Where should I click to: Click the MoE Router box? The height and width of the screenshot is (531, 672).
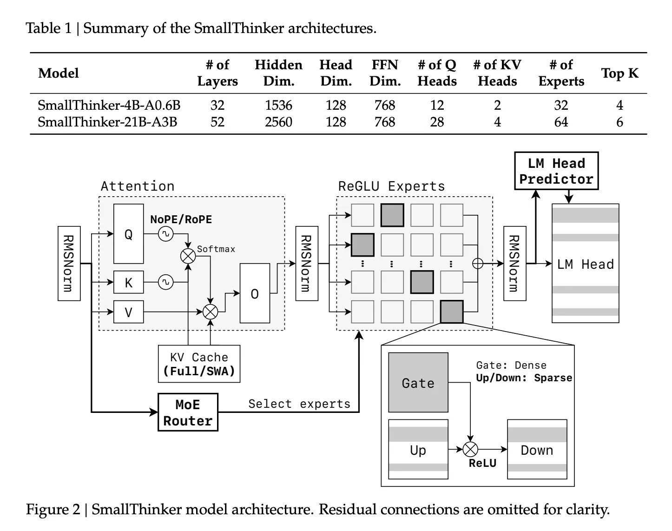point(188,412)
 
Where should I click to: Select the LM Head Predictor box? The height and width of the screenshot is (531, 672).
point(556,171)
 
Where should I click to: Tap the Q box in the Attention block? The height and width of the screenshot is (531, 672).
point(129,234)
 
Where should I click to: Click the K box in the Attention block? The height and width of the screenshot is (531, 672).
point(129,282)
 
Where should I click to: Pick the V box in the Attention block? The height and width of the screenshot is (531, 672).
point(129,312)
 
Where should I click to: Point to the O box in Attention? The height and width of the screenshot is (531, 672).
point(255,293)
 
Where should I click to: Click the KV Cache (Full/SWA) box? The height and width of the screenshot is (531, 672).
point(199,364)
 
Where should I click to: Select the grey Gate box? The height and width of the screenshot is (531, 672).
point(418,383)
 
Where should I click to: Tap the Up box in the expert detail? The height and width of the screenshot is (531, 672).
point(418,450)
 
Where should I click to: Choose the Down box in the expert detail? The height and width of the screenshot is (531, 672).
point(537,450)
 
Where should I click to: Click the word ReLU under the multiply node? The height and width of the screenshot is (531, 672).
point(482,463)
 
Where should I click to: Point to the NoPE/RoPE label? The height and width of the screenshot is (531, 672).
point(181,219)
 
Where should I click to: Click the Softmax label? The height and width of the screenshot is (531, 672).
point(216,249)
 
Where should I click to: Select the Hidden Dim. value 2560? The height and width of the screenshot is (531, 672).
point(278,122)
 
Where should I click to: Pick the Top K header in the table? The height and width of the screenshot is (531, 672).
point(619,73)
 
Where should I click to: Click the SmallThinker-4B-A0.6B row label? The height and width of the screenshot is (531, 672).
point(109,106)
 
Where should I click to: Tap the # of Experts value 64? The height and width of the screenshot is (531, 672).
point(561,122)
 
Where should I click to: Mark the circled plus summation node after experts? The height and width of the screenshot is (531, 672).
point(478,264)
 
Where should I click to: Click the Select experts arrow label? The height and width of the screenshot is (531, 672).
point(299,404)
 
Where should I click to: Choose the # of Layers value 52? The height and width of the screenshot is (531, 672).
point(217,122)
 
